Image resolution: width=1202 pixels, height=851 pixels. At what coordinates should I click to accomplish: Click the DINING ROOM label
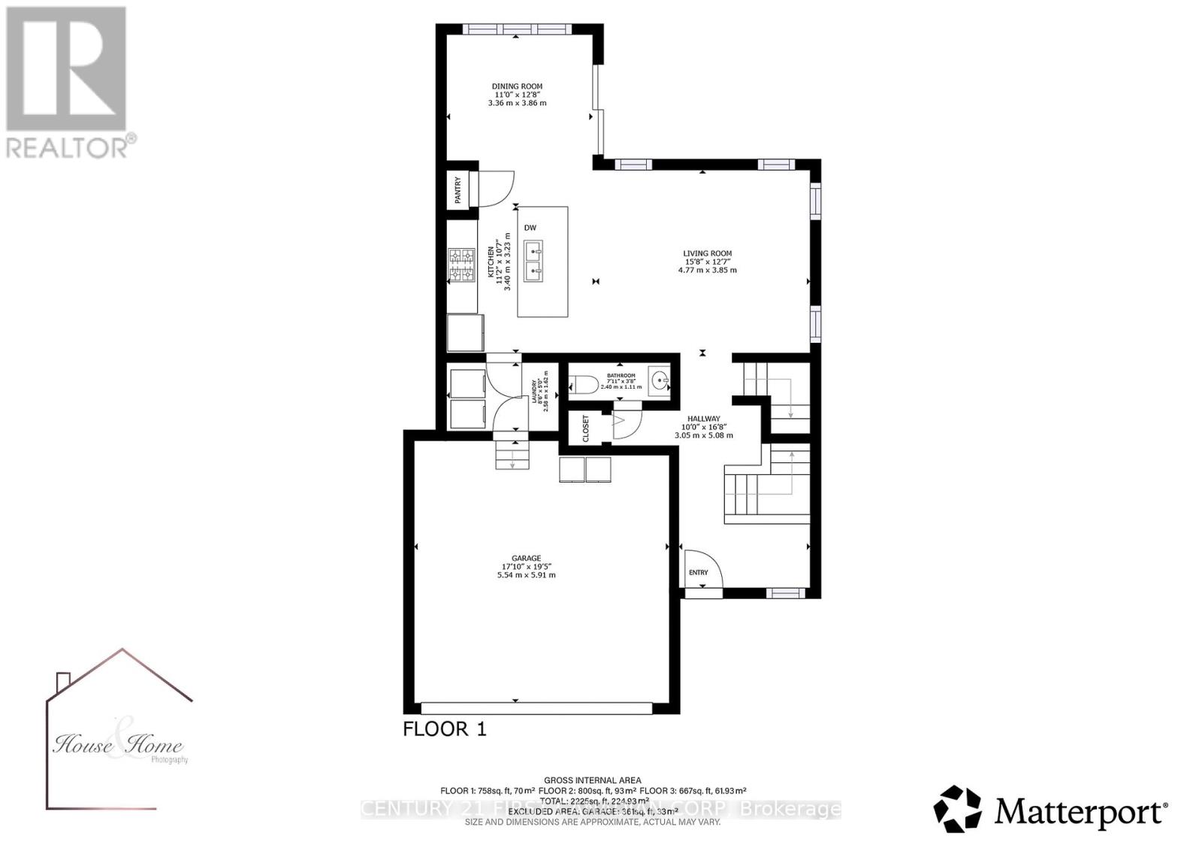point(517,86)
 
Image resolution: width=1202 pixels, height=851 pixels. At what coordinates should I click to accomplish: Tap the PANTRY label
point(458,190)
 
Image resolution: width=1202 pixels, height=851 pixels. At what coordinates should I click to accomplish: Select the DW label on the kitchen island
point(530,228)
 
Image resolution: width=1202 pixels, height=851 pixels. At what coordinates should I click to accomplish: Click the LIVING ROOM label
point(707,254)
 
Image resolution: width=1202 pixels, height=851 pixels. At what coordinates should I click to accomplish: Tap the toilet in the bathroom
point(584,386)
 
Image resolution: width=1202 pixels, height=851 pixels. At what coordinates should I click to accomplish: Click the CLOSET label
point(586,429)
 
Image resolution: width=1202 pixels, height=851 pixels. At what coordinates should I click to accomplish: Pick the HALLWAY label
point(704,419)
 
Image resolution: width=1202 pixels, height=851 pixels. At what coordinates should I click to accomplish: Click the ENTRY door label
point(698,573)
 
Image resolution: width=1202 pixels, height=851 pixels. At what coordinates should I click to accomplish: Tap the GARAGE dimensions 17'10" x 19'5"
point(527,566)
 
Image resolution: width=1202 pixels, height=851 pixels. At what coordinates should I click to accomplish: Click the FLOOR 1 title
point(445,728)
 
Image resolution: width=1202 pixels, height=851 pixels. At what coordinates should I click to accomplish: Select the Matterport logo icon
point(957,810)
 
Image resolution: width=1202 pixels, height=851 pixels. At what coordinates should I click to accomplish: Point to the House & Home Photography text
point(119,746)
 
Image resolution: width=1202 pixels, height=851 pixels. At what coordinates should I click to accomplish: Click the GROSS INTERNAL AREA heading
point(593,780)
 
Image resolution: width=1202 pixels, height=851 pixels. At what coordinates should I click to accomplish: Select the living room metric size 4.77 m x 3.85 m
point(707,270)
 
